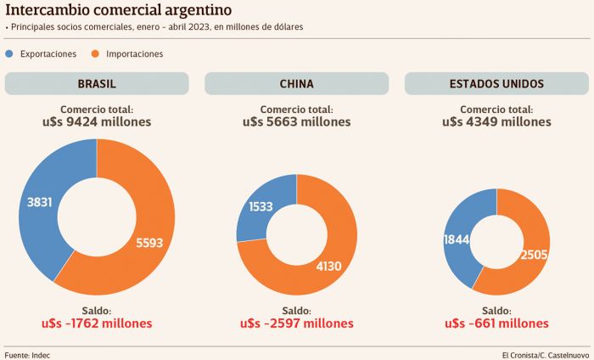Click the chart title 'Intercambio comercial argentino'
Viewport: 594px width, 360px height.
118,11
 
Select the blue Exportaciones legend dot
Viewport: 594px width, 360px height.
9,53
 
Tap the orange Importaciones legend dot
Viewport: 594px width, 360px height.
95,53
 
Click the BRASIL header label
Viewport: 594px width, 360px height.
97,84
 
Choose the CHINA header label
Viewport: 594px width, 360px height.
296,84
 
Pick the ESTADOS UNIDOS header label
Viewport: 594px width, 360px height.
496,84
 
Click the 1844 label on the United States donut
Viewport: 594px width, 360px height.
457,240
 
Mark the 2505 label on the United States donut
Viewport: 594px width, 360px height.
535,255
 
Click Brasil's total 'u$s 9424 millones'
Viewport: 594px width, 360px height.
96,121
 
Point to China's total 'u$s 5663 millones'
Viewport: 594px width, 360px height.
296,121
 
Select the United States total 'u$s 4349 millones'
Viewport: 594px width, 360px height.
496,121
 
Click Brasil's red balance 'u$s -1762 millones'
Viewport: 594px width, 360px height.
96,323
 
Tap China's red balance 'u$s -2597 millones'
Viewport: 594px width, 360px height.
296,323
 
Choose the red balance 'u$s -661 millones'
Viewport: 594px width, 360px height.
496,323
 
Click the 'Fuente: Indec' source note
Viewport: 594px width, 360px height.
27,354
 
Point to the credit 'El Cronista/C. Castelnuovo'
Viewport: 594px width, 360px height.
545,354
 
